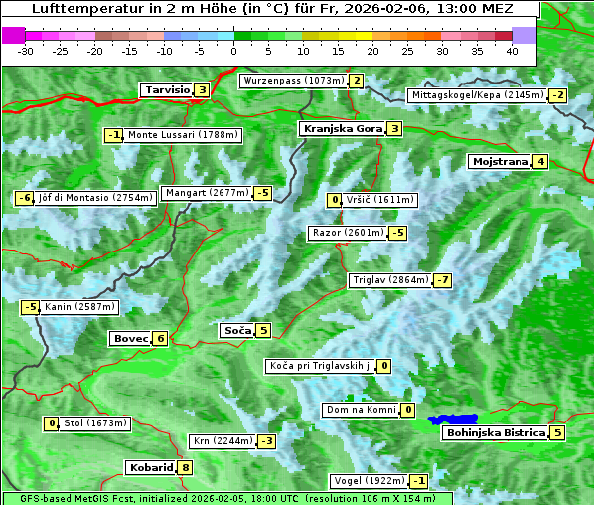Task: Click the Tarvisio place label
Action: click(x=166, y=89)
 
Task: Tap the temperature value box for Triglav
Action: click(x=443, y=280)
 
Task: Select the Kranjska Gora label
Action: click(x=342, y=128)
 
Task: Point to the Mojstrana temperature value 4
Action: click(x=540, y=161)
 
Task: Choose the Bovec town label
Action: click(x=130, y=338)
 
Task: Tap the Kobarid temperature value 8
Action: click(x=185, y=467)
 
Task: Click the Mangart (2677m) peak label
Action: click(x=207, y=193)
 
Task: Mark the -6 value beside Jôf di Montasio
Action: click(x=25, y=198)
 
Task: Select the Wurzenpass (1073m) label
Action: click(x=293, y=81)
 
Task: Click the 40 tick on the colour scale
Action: click(x=512, y=51)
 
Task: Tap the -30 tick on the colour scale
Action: click(x=26, y=51)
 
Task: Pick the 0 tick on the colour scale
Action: click(x=234, y=51)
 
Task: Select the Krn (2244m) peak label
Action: click(x=222, y=440)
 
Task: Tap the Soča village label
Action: click(x=236, y=330)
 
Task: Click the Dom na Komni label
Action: click(x=362, y=410)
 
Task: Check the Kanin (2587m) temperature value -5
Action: click(x=31, y=307)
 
